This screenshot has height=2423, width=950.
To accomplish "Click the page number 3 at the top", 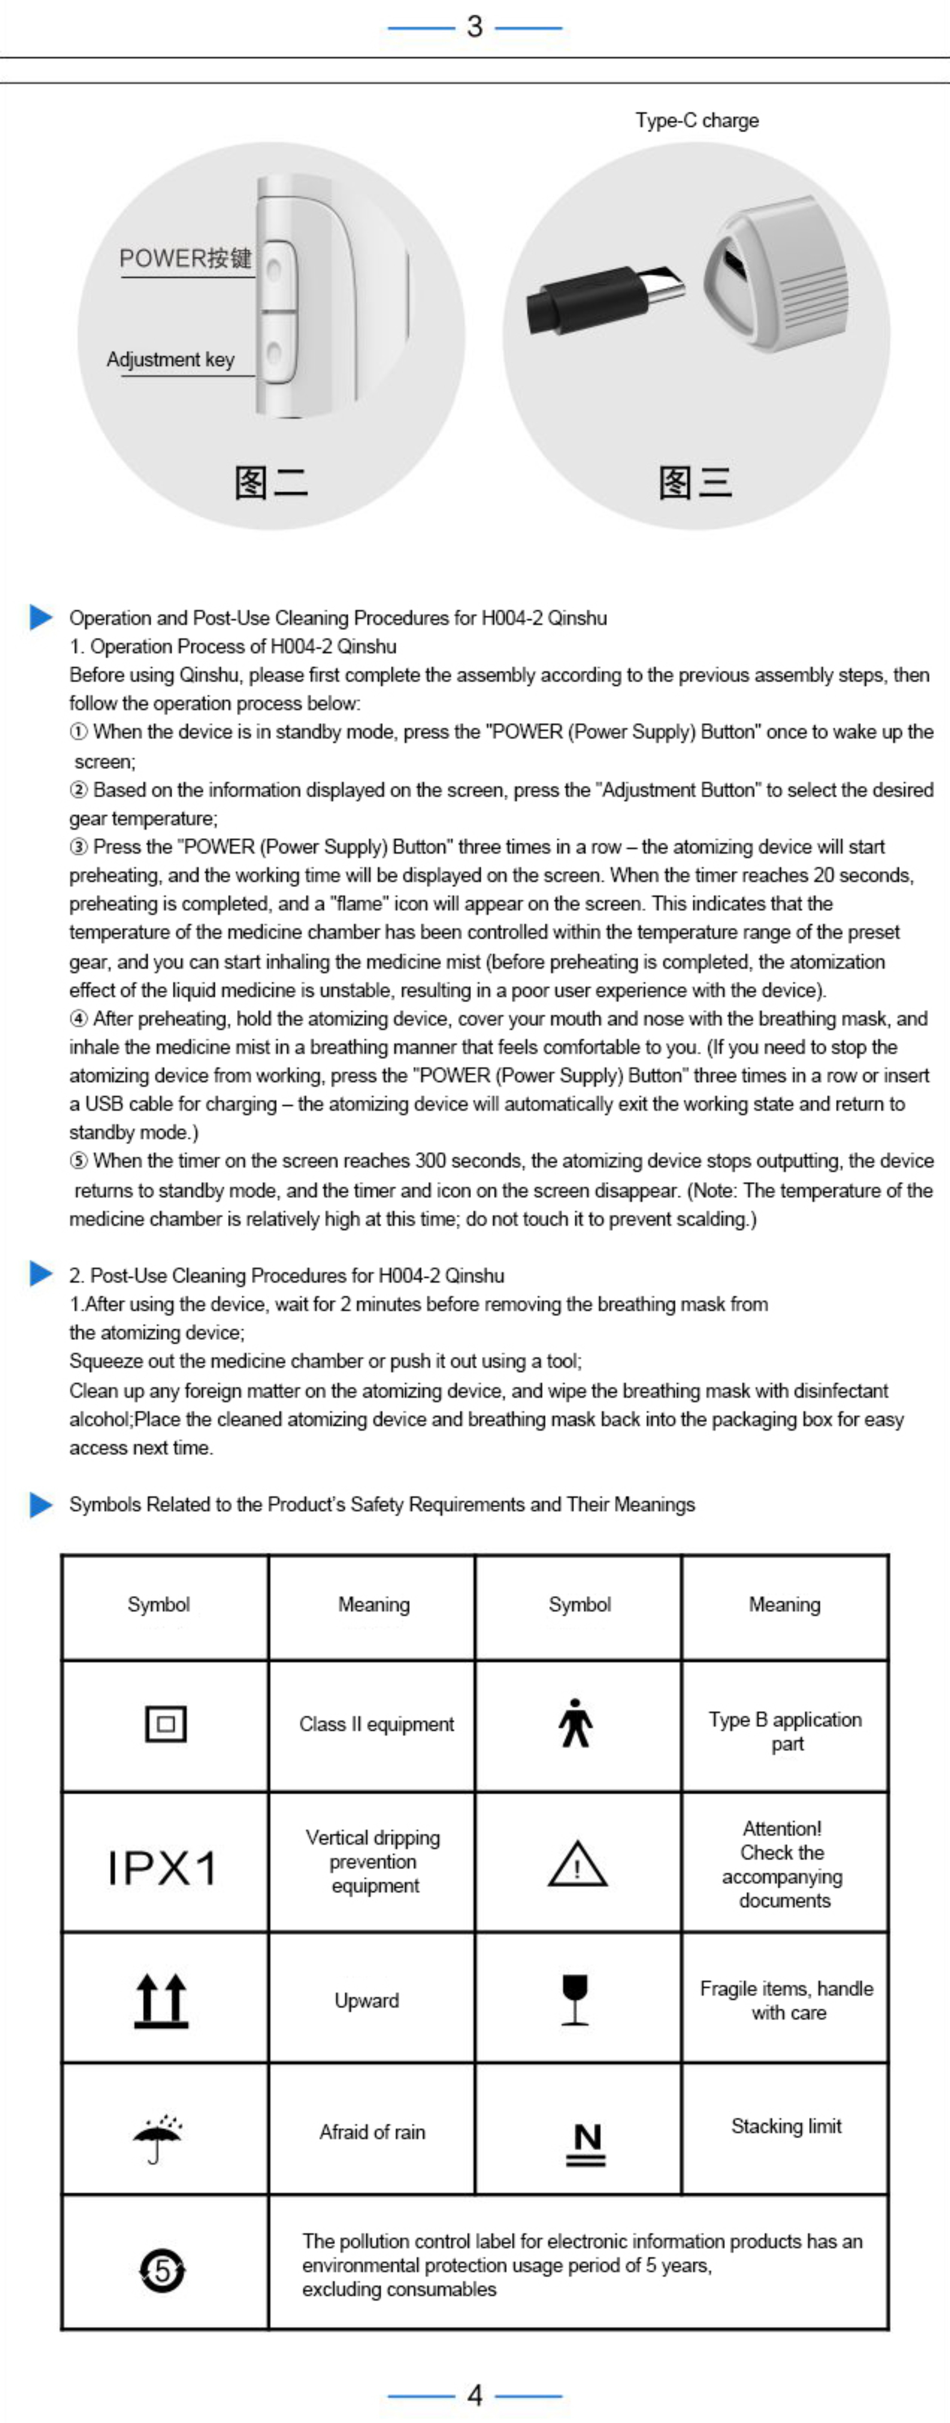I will [475, 26].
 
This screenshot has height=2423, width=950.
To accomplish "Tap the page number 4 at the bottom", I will [475, 2394].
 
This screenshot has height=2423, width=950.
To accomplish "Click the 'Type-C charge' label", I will [697, 120].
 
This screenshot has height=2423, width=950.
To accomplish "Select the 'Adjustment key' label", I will [170, 359].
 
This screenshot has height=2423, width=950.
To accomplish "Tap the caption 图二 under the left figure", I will [271, 483].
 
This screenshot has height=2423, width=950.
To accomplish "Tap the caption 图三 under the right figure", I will [695, 483].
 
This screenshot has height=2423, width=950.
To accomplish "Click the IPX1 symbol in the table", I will [162, 1867].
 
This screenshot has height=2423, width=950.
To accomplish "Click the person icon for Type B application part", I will [576, 1723].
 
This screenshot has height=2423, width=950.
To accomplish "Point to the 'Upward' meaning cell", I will [367, 2000].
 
